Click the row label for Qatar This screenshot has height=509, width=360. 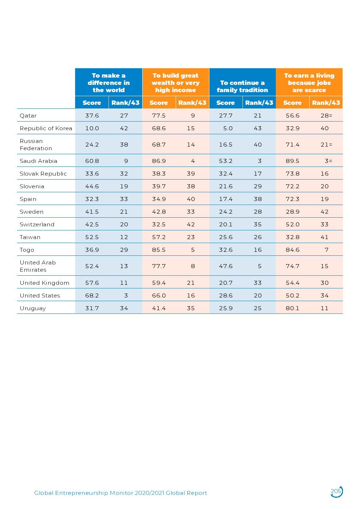pyautogui.click(x=28, y=116)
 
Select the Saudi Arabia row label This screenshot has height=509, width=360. pyautogui.click(x=38, y=161)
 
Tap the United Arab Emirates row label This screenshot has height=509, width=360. pyautogui.click(x=38, y=266)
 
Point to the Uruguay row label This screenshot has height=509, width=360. pyautogui.click(x=33, y=308)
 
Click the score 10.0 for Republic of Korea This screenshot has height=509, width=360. pyautogui.click(x=92, y=128)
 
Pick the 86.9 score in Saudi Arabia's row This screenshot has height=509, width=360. pyautogui.click(x=159, y=161)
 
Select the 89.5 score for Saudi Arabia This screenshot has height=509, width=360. pyautogui.click(x=292, y=161)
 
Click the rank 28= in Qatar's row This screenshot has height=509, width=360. pyautogui.click(x=326, y=116)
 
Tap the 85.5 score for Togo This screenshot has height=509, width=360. pyautogui.click(x=159, y=250)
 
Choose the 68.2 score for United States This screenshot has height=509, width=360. pyautogui.click(x=92, y=296)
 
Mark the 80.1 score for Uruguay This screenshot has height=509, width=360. pyautogui.click(x=292, y=308)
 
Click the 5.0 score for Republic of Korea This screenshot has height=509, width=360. pyautogui.click(x=228, y=128)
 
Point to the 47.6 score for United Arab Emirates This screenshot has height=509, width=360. pyautogui.click(x=226, y=266)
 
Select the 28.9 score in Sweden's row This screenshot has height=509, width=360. pyautogui.click(x=292, y=212)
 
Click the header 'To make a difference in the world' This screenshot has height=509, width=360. pyautogui.click(x=109, y=83)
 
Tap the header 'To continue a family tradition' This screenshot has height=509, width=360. pyautogui.click(x=242, y=86)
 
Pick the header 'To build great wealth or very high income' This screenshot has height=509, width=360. pyautogui.click(x=176, y=83)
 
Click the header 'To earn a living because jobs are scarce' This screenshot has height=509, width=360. pyautogui.click(x=309, y=83)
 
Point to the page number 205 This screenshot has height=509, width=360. pyautogui.click(x=336, y=491)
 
